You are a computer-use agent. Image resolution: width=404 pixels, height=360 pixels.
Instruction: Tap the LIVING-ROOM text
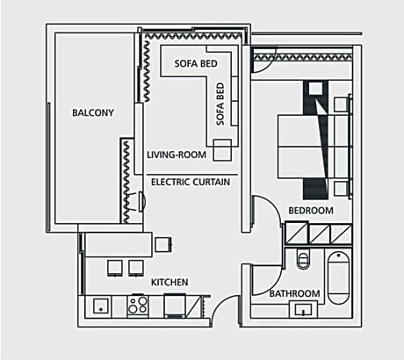click(x=177, y=155)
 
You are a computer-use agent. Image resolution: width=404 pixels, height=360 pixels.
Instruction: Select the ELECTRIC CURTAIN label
click(x=191, y=182)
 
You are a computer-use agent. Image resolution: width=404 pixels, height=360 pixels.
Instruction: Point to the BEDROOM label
click(x=311, y=211)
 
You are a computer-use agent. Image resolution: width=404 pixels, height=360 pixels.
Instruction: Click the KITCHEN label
click(x=170, y=282)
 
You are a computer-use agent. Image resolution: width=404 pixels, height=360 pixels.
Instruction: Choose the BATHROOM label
click(x=294, y=293)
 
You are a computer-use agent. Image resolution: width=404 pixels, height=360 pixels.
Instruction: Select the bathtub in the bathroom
click(x=337, y=278)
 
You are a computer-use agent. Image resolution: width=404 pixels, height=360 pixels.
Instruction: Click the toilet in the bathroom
click(x=304, y=260)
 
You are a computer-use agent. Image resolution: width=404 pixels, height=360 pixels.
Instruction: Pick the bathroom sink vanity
click(x=306, y=309)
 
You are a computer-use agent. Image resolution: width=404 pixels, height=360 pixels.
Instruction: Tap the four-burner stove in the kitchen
click(x=138, y=306)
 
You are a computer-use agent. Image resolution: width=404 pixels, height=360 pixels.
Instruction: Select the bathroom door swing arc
click(x=265, y=281)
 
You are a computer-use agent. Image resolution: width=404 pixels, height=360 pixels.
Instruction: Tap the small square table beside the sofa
click(x=222, y=148)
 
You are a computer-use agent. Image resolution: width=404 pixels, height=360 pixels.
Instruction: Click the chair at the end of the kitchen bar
click(x=163, y=244)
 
